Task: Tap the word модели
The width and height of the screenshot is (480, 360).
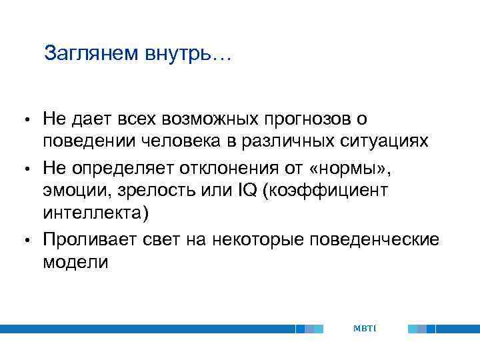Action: [x=75, y=261]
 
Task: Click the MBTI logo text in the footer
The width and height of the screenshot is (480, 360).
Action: [x=365, y=328]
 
